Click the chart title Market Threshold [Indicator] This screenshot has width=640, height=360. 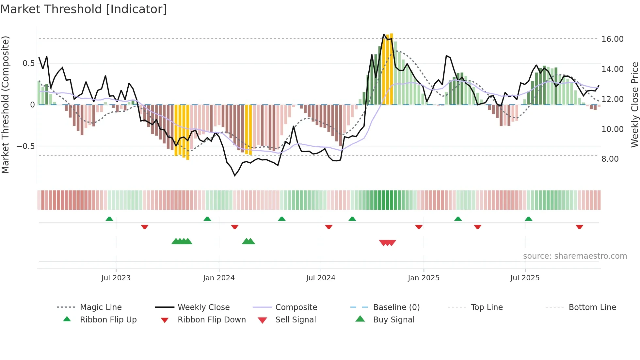click(x=84, y=9)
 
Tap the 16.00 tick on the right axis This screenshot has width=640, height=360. click(x=612, y=39)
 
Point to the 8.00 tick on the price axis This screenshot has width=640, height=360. click(x=610, y=159)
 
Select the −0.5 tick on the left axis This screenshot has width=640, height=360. click(x=26, y=146)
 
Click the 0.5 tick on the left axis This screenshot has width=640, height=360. click(x=28, y=63)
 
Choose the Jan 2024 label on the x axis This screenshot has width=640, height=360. click(x=219, y=278)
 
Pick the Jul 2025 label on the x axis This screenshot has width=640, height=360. click(x=525, y=278)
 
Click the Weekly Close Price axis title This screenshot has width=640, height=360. click(x=634, y=105)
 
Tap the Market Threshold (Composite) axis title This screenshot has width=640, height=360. click(x=5, y=105)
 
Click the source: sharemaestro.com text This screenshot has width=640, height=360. click(x=575, y=256)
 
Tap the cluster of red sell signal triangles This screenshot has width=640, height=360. click(x=388, y=243)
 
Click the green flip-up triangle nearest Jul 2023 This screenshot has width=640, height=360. click(x=109, y=219)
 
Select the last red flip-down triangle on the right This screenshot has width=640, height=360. click(x=579, y=227)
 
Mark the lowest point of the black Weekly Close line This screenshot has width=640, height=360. click(x=235, y=175)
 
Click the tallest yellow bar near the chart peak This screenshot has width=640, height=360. click(x=391, y=69)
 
